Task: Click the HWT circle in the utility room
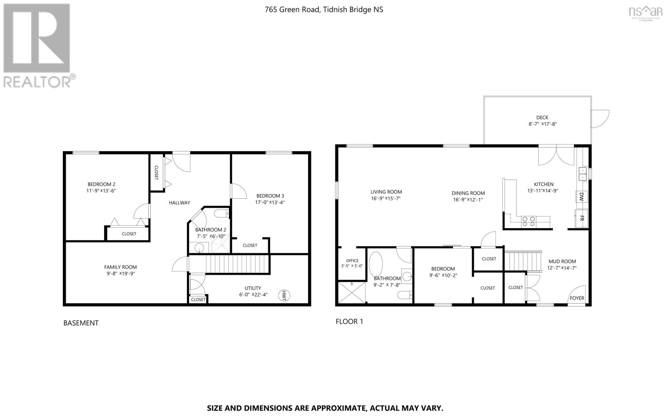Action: [285, 295]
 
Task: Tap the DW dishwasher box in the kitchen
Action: [582, 197]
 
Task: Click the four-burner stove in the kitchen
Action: [529, 221]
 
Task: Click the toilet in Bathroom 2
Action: [221, 214]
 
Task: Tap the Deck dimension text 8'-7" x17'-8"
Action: [542, 124]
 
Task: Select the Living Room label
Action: [386, 192]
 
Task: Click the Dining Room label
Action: [468, 193]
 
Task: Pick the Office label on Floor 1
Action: [352, 261]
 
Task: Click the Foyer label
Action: [577, 298]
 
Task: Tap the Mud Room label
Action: [562, 262]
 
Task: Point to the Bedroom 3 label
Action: [270, 196]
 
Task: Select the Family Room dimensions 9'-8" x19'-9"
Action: [120, 274]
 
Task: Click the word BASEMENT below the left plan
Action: [81, 323]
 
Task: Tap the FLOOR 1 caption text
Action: [349, 321]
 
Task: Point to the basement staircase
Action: [229, 264]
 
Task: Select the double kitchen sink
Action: [582, 173]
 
